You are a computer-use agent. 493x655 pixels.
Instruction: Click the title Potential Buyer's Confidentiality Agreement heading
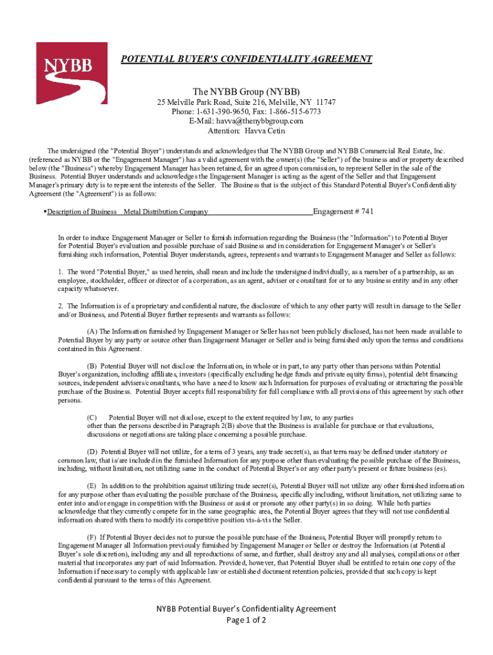point(247,59)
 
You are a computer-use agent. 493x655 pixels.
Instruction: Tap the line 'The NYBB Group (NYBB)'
point(247,91)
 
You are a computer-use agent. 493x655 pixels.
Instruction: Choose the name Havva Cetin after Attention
point(264,130)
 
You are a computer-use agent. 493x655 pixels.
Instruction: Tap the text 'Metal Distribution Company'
point(166,212)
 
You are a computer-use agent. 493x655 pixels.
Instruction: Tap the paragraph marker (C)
point(92,417)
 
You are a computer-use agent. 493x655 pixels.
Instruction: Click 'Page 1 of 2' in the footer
point(247,620)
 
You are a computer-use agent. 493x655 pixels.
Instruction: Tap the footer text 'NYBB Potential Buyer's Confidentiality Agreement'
point(247,608)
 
